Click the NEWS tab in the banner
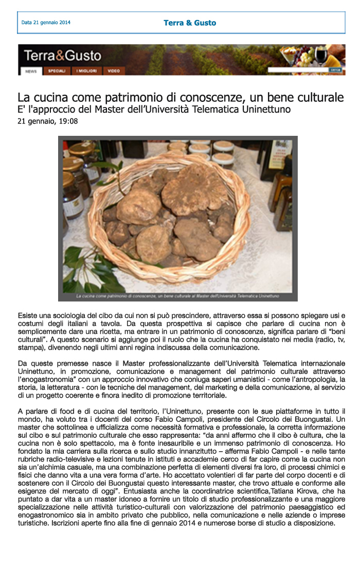30,71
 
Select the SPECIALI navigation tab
57,71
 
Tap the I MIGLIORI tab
87,71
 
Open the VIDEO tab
114,71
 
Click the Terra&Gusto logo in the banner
62,56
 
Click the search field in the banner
298,69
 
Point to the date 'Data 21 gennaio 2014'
46,23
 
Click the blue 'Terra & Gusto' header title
190,23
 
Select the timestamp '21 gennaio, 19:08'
48,121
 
